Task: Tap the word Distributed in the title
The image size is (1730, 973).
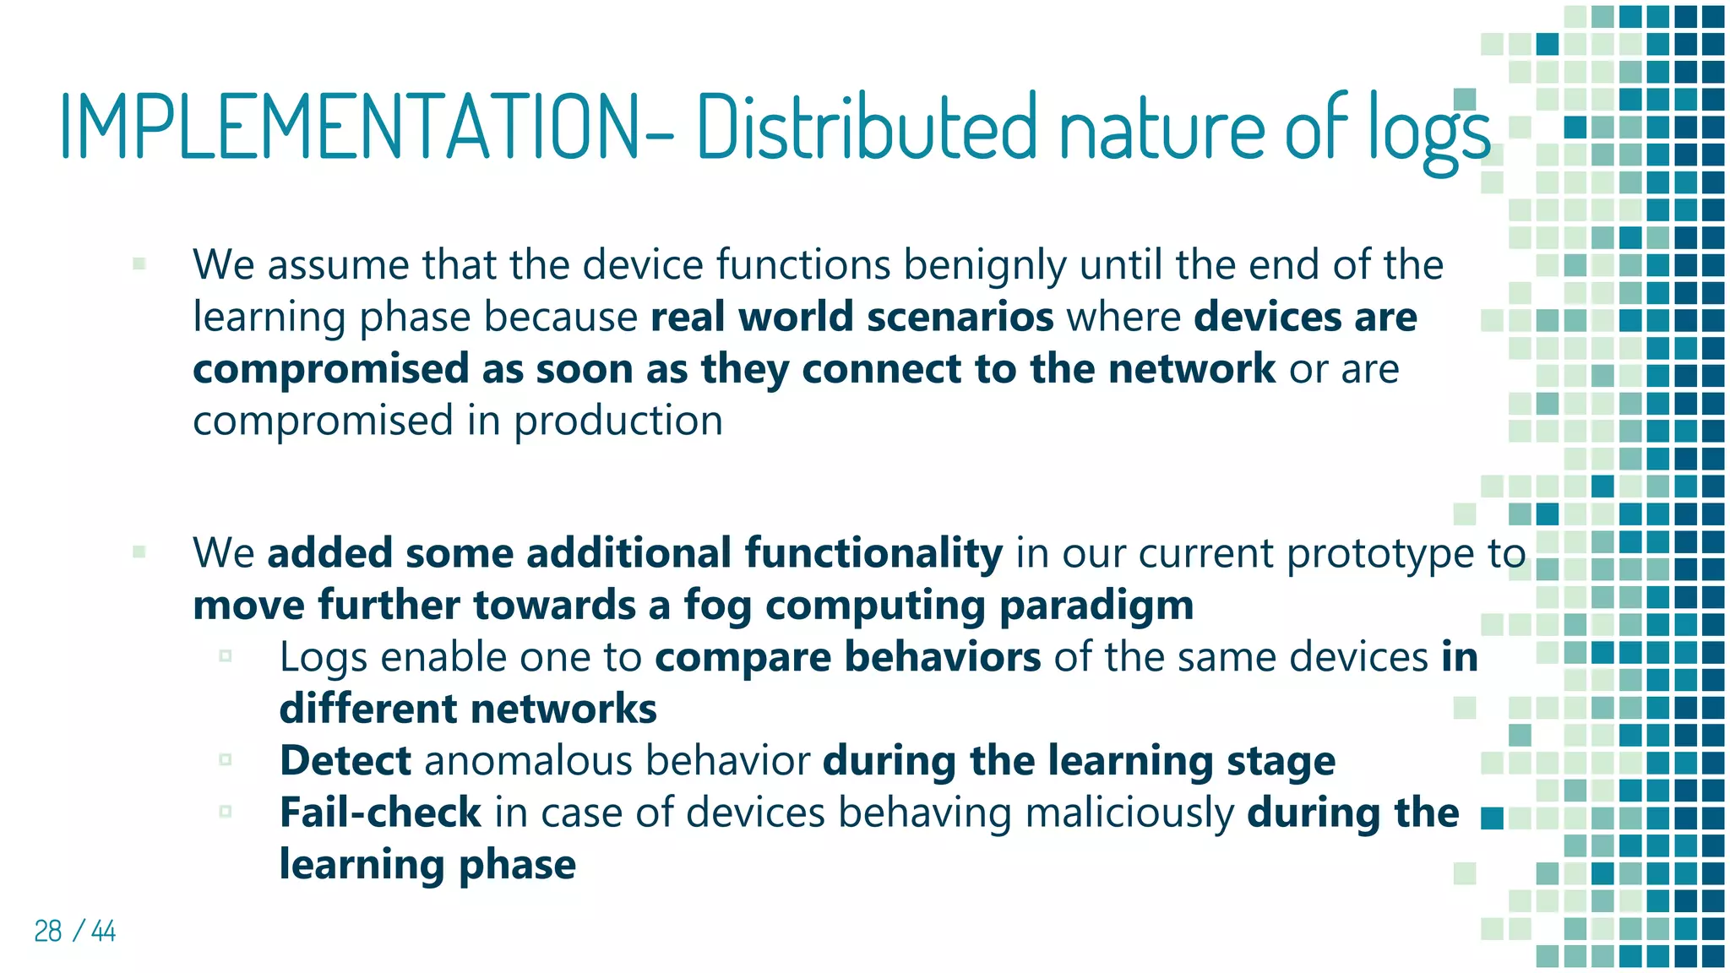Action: point(866,127)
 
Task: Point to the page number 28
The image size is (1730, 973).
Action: point(48,931)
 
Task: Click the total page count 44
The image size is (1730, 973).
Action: point(103,931)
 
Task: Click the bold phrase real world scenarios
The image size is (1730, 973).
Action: point(852,317)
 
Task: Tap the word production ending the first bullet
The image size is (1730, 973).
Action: point(618,421)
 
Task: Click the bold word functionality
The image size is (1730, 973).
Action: point(873,553)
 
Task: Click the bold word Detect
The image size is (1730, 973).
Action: point(345,760)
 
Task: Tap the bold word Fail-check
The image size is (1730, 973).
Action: point(380,813)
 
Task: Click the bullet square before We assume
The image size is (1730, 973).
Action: point(139,264)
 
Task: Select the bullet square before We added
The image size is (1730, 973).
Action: point(139,552)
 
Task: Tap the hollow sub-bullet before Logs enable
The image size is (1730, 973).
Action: point(226,656)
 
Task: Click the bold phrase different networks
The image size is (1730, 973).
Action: point(468,709)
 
